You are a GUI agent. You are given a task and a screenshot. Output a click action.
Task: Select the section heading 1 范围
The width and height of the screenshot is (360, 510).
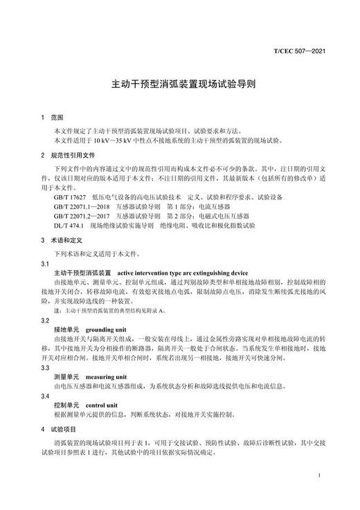(x=52, y=118)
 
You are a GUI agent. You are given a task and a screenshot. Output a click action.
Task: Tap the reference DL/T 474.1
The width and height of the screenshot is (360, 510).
(x=67, y=225)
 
